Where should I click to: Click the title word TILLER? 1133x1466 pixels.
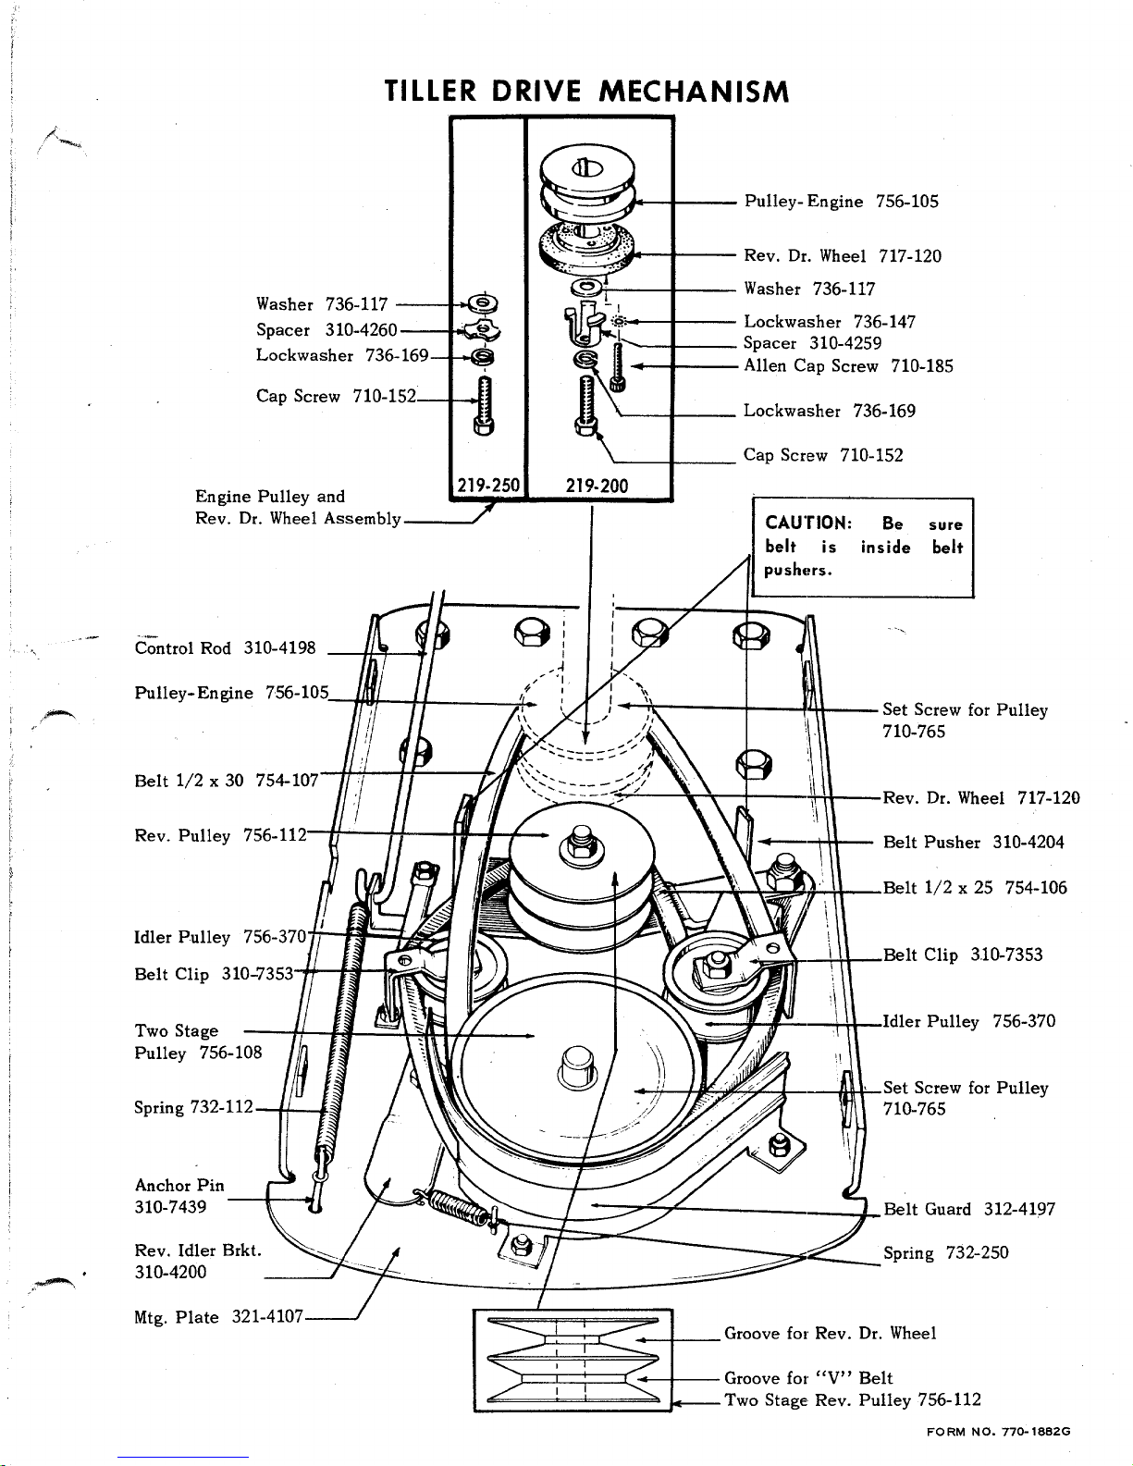pos(430,91)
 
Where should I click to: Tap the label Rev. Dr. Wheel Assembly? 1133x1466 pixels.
pos(298,518)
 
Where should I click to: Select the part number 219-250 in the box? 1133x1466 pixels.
pos(488,486)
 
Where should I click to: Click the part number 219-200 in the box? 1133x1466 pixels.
pos(597,486)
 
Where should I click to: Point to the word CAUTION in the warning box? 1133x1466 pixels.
pos(808,523)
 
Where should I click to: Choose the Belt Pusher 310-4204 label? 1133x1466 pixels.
pos(974,843)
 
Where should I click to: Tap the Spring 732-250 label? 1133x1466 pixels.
pos(946,1253)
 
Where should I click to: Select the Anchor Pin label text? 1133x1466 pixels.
pos(179,1186)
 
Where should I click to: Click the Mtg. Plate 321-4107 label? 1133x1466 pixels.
pos(219,1317)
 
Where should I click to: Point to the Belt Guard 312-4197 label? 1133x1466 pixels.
pos(969,1209)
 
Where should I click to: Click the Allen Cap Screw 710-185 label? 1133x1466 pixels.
pos(848,365)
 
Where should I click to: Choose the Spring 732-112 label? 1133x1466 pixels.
pos(193,1107)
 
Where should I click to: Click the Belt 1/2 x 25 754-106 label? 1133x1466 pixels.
pos(975,887)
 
